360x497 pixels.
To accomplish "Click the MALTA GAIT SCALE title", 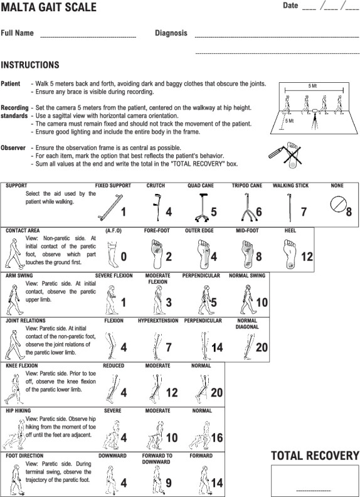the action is click(48, 7).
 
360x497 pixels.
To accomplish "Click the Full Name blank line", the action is click(88, 38).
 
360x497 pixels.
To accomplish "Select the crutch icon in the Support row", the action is click(156, 206).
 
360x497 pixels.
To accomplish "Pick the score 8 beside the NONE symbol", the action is click(349, 211).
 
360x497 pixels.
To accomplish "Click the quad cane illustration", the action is click(201, 207).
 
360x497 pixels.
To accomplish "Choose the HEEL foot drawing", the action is click(290, 254).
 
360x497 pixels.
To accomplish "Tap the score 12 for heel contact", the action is click(307, 257).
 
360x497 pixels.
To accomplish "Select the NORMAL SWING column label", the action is click(247, 275).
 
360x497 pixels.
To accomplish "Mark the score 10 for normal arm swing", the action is click(262, 302).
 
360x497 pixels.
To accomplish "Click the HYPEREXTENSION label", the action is click(158, 321).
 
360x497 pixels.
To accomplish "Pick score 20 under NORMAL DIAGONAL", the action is click(262, 347).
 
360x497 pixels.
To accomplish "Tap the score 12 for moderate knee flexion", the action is click(172, 392).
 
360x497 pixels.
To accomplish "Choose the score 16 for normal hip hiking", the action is click(217, 437).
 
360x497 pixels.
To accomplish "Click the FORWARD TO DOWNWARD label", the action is click(157, 459).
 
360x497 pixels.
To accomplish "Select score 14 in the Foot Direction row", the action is click(217, 483).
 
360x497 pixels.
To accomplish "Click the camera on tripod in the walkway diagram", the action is click(314, 119).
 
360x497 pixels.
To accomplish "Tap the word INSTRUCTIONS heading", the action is click(30, 65).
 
